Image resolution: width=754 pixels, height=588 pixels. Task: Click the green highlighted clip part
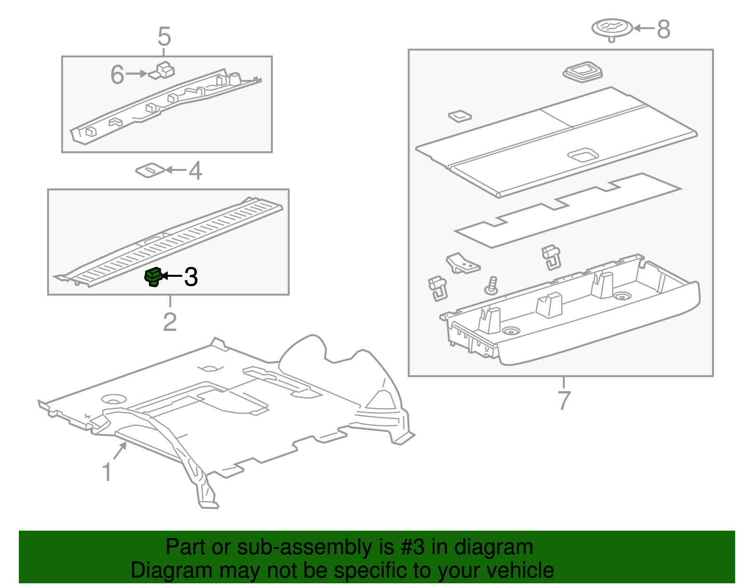[153, 277]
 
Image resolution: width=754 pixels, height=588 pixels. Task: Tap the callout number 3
[191, 277]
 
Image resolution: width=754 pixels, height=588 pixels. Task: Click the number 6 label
[117, 74]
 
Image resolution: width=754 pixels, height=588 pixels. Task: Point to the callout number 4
[195, 170]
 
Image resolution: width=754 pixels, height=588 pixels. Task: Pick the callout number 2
[170, 322]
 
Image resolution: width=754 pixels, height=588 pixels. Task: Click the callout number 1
[107, 472]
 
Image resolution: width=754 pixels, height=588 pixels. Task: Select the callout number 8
[664, 29]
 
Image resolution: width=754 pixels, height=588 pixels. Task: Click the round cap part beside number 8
[612, 28]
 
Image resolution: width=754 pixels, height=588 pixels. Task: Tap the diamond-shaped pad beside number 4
[150, 170]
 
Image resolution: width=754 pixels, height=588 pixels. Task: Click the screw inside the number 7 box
[492, 285]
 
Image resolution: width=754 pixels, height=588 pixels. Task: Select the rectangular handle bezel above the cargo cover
[583, 72]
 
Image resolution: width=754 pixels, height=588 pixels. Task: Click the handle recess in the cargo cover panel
[583, 154]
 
